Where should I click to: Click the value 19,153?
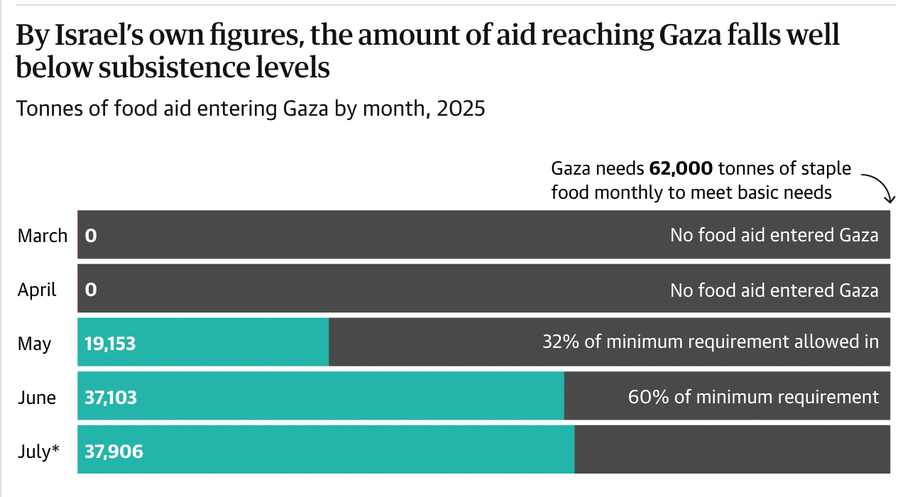pyautogui.click(x=110, y=344)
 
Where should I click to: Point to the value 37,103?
pyautogui.click(x=111, y=397)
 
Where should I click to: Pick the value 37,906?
pyautogui.click(x=114, y=451)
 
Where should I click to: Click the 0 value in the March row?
pyautogui.click(x=91, y=235)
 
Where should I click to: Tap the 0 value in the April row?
pyautogui.click(x=91, y=290)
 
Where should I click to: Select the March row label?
pyautogui.click(x=43, y=236)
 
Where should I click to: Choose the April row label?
pyautogui.click(x=37, y=290)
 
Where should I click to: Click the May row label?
pyautogui.click(x=35, y=344)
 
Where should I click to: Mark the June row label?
pyautogui.click(x=37, y=398)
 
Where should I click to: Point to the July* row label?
pyautogui.click(x=38, y=452)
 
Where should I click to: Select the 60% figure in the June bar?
pyautogui.click(x=647, y=396)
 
